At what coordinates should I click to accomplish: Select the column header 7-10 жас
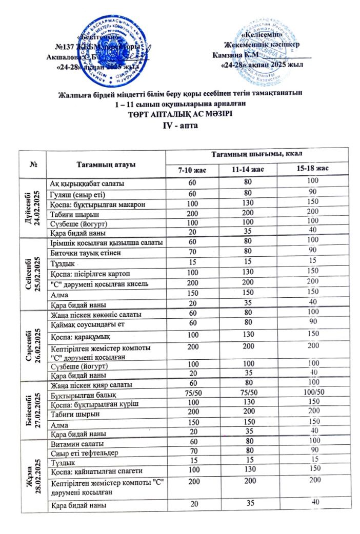192,169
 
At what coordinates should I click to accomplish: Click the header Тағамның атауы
106,163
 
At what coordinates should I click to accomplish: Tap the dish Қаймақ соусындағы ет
88,324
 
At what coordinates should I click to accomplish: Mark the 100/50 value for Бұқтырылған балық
311,392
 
